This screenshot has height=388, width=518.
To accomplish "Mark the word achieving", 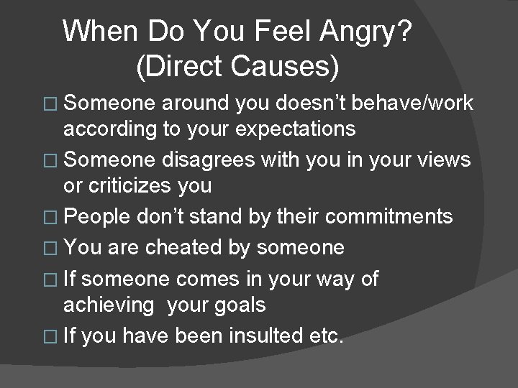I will click(x=109, y=305).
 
